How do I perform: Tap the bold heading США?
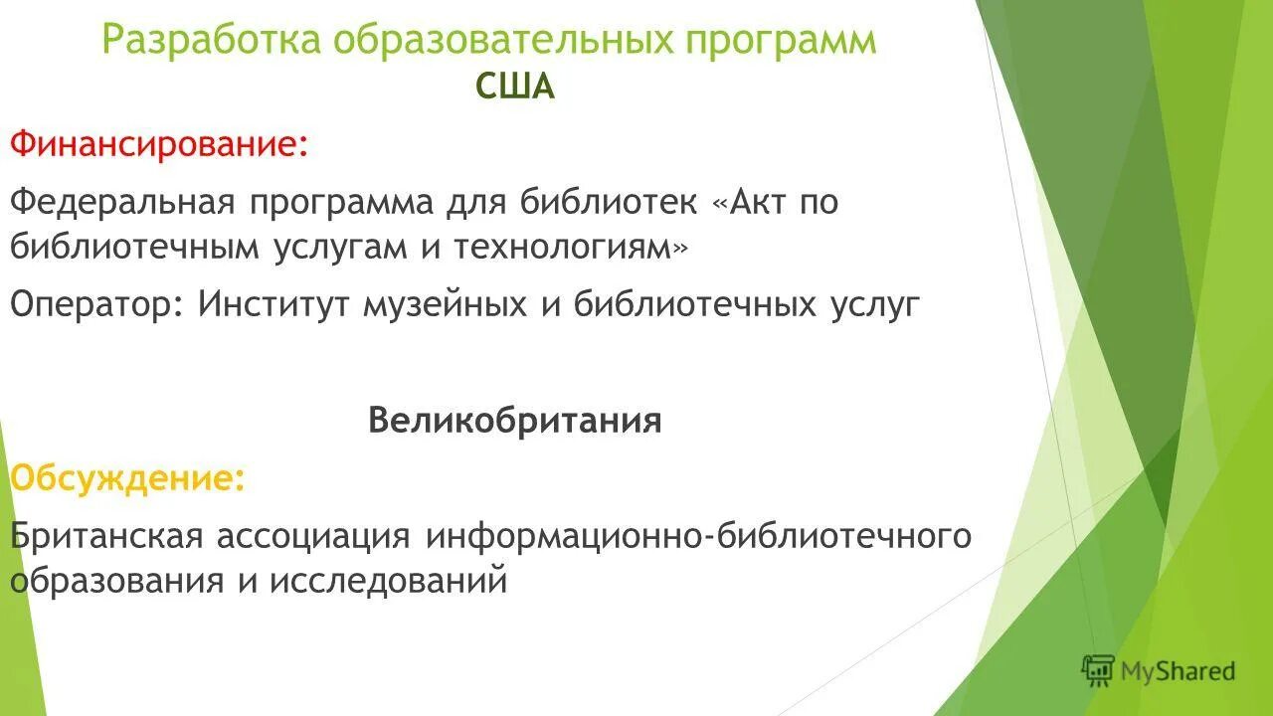click(x=514, y=88)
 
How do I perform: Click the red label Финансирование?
click(x=159, y=145)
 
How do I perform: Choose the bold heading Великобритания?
click(x=514, y=421)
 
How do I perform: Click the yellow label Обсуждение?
click(x=127, y=478)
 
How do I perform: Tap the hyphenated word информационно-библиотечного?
click(x=698, y=536)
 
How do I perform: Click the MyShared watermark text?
click(x=1178, y=671)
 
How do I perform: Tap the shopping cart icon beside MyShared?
click(x=1098, y=670)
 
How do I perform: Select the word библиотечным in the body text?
click(x=135, y=248)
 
